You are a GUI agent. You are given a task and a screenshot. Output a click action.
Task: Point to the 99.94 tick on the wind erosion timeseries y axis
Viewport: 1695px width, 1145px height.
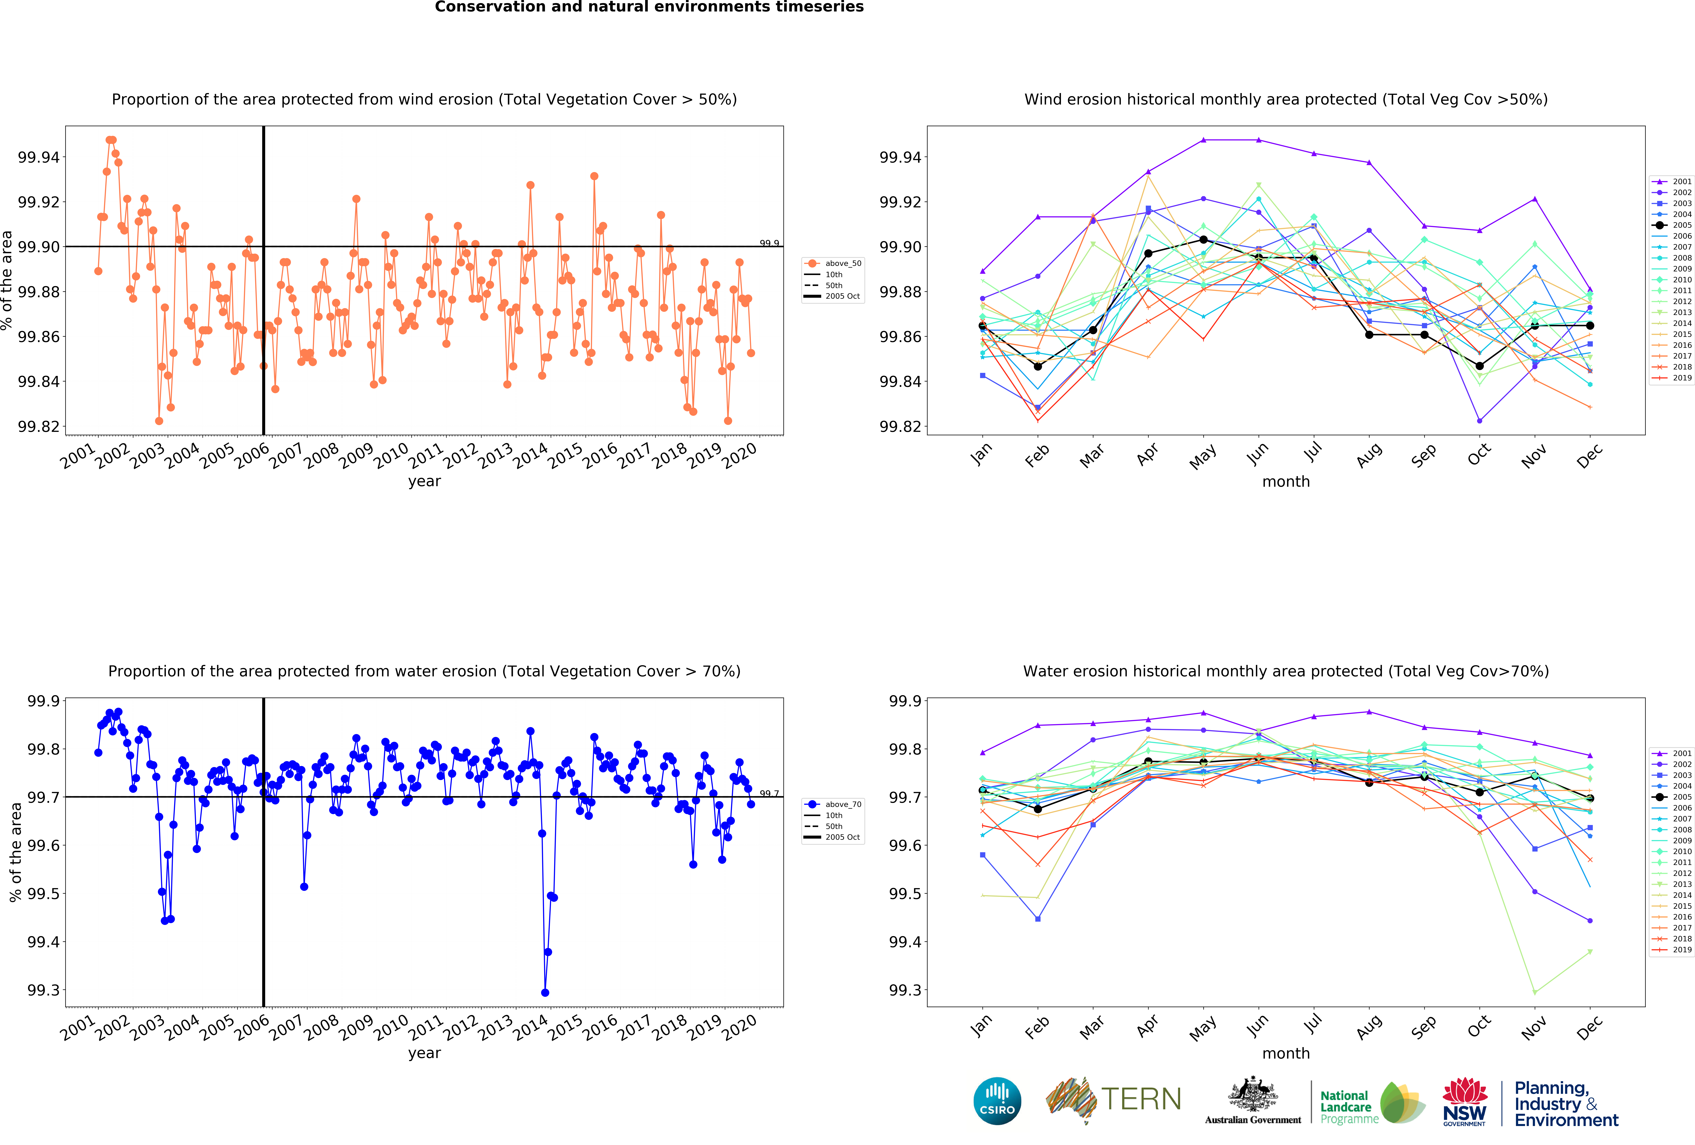point(39,157)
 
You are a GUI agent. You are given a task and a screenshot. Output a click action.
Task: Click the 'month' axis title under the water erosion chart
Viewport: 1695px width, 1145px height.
point(1286,1053)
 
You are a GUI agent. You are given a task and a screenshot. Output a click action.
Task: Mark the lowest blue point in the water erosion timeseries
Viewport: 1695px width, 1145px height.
point(545,993)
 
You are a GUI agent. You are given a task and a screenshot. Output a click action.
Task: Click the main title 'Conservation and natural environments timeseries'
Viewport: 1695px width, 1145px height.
point(649,7)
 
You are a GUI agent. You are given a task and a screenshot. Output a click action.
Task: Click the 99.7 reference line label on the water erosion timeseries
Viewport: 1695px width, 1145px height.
point(769,793)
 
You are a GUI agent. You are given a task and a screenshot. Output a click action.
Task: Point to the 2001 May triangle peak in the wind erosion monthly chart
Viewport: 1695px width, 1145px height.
point(1203,140)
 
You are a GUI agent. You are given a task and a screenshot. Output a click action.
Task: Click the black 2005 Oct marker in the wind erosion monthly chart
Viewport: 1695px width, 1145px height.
point(1479,366)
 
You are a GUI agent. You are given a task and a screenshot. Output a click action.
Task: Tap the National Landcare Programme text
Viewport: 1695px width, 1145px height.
point(1349,1107)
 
